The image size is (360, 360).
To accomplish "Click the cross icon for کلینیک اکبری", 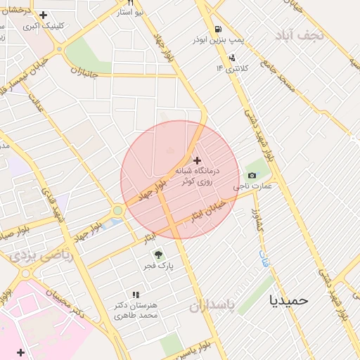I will [44, 15].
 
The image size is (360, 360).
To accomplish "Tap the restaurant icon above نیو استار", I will [130, 3].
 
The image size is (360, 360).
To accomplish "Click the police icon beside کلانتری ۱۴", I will [231, 58].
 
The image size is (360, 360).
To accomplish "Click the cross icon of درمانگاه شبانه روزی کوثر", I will [197, 161].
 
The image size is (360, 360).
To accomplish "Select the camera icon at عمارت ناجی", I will [252, 175].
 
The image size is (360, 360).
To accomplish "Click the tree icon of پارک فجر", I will [157, 255].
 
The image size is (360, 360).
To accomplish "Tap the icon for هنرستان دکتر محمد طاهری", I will [136, 295].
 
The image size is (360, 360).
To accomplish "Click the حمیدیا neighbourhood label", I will [289, 300].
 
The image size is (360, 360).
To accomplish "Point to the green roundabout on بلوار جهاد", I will [117, 210].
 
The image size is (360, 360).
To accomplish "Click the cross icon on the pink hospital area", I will [20, 352].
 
